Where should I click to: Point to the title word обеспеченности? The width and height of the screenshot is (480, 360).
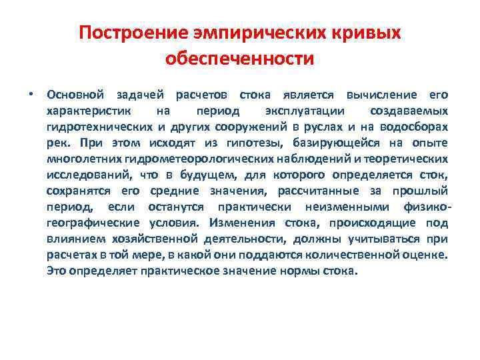pyautogui.click(x=239, y=59)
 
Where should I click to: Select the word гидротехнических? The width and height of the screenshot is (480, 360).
pyautogui.click(x=99, y=126)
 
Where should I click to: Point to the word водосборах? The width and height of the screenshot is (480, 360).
pyautogui.click(x=417, y=126)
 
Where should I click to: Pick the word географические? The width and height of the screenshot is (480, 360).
pyautogui.click(x=93, y=223)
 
